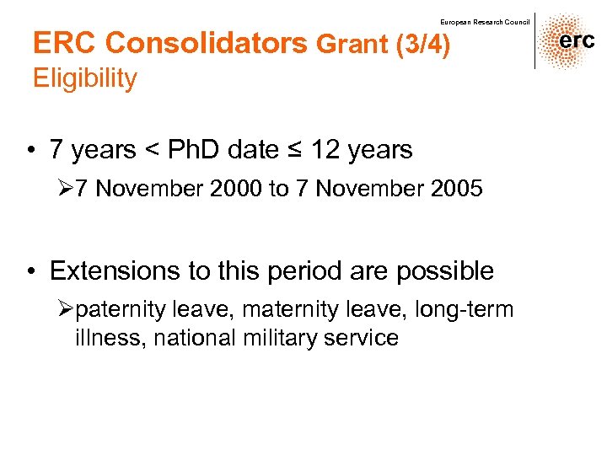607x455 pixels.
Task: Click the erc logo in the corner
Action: coord(570,41)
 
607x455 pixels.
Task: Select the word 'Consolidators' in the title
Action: coord(208,43)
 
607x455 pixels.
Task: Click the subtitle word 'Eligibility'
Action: coord(84,78)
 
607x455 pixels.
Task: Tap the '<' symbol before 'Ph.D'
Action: coord(152,150)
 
